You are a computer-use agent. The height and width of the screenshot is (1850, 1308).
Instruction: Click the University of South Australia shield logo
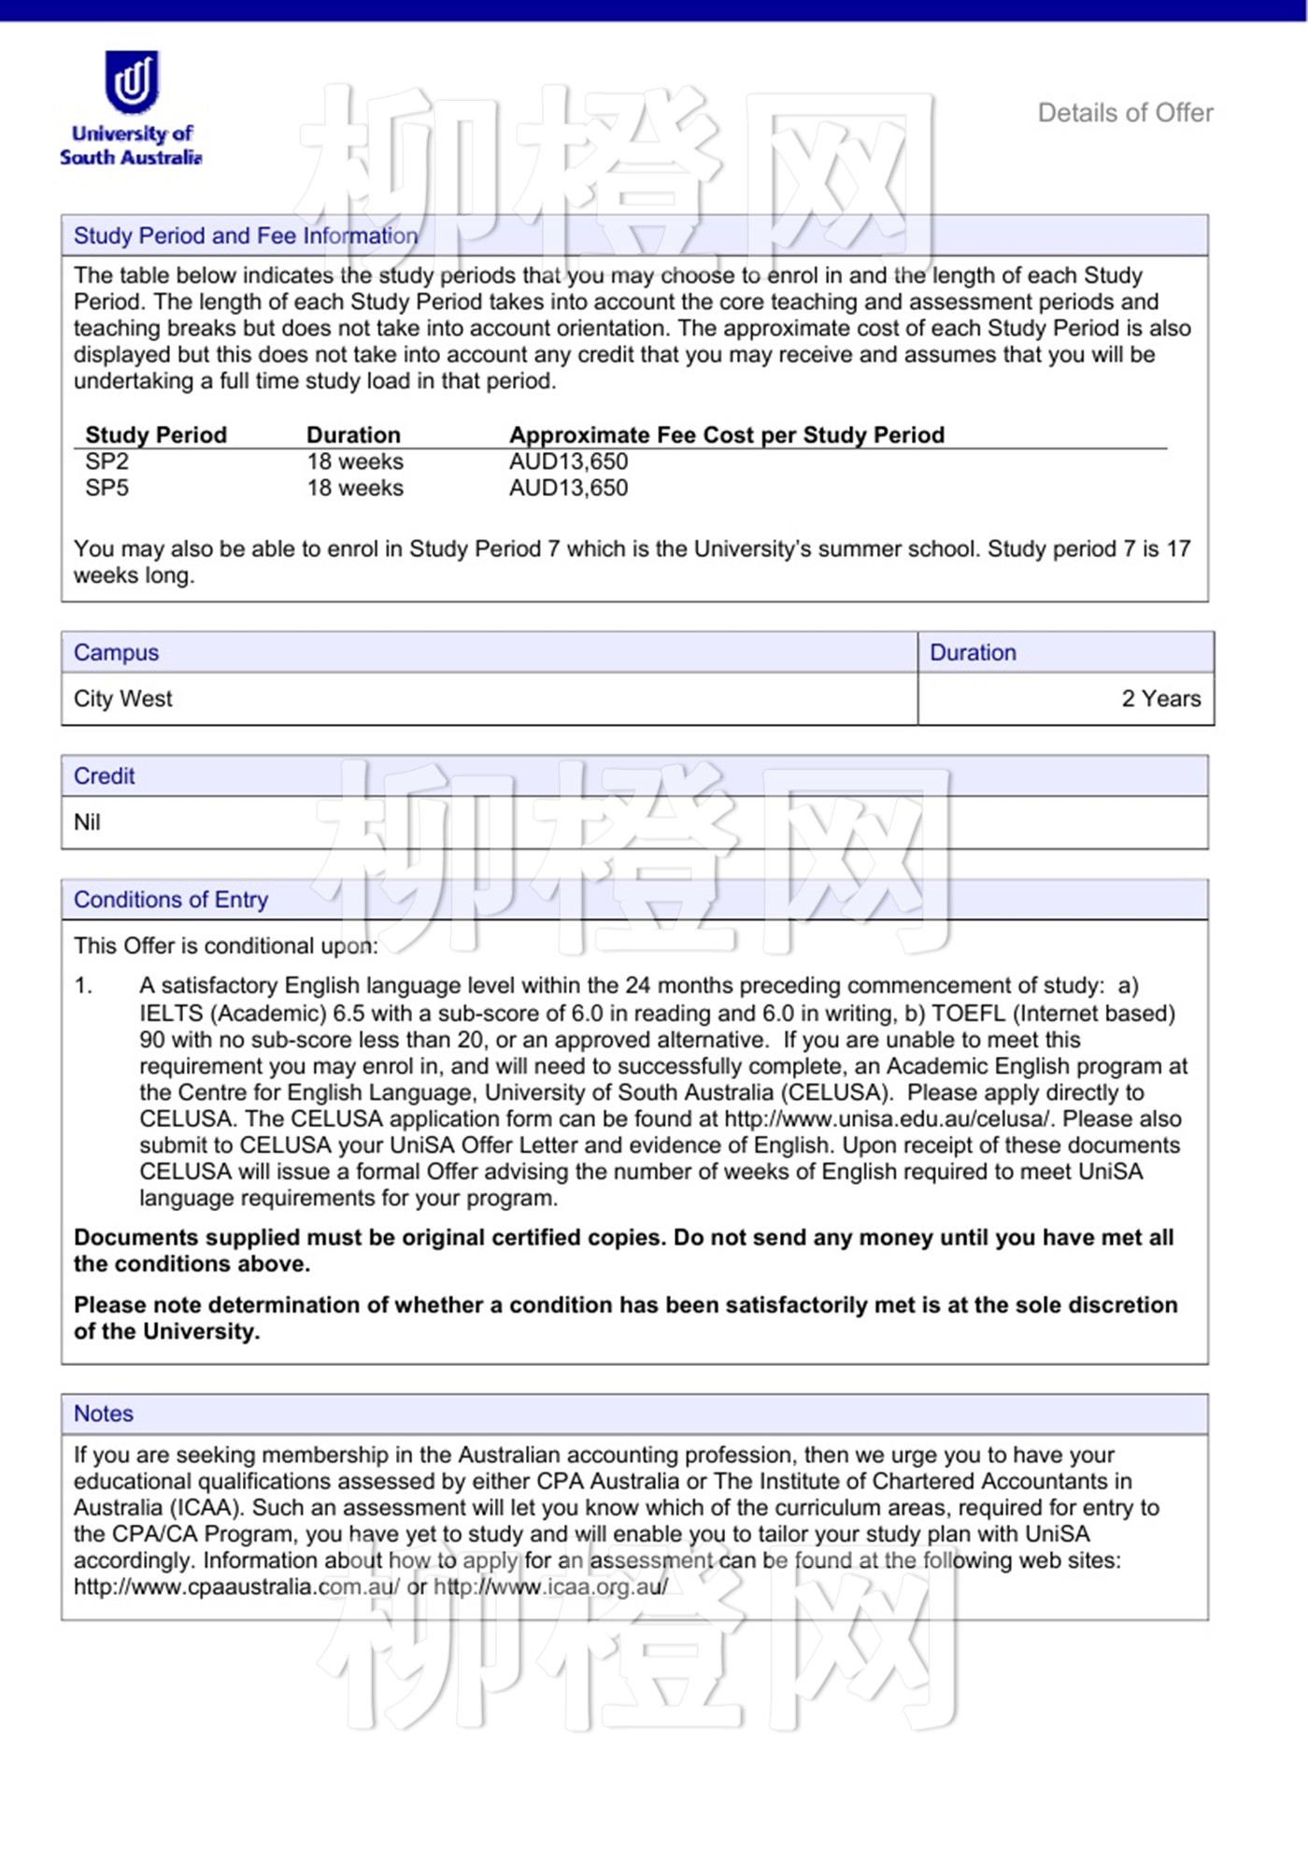click(x=132, y=81)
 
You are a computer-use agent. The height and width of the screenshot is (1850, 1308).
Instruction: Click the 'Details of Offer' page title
click(x=1125, y=113)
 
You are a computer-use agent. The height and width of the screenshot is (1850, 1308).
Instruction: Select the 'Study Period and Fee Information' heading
click(x=245, y=235)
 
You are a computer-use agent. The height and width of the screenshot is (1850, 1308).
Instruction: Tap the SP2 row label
click(x=107, y=462)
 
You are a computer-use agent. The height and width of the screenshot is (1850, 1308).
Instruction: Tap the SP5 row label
click(x=107, y=488)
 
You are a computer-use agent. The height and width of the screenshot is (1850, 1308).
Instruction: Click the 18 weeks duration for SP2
click(x=355, y=462)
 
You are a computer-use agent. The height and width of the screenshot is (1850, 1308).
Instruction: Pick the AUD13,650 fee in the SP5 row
click(x=568, y=488)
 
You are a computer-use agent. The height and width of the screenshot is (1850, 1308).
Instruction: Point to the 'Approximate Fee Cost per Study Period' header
click(x=726, y=434)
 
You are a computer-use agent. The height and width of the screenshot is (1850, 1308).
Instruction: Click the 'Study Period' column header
click(x=156, y=434)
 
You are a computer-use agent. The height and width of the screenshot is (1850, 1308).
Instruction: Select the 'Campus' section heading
click(x=116, y=652)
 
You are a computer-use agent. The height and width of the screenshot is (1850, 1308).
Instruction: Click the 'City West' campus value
click(x=123, y=699)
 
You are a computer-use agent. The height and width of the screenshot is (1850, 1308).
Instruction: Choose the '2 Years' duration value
click(x=1160, y=699)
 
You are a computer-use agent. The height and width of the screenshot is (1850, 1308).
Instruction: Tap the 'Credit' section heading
click(x=104, y=776)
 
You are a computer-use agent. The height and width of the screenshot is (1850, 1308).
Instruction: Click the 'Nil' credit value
click(x=87, y=822)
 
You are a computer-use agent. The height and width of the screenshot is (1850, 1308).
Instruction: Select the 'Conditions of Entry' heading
click(x=171, y=899)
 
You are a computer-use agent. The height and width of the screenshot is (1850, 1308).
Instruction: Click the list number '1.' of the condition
click(x=84, y=986)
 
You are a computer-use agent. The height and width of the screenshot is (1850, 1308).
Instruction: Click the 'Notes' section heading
click(x=104, y=1414)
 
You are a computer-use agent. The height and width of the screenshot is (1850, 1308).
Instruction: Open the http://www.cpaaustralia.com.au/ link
click(x=237, y=1587)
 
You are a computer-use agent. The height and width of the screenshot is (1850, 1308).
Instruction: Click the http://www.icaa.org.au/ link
click(x=551, y=1587)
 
